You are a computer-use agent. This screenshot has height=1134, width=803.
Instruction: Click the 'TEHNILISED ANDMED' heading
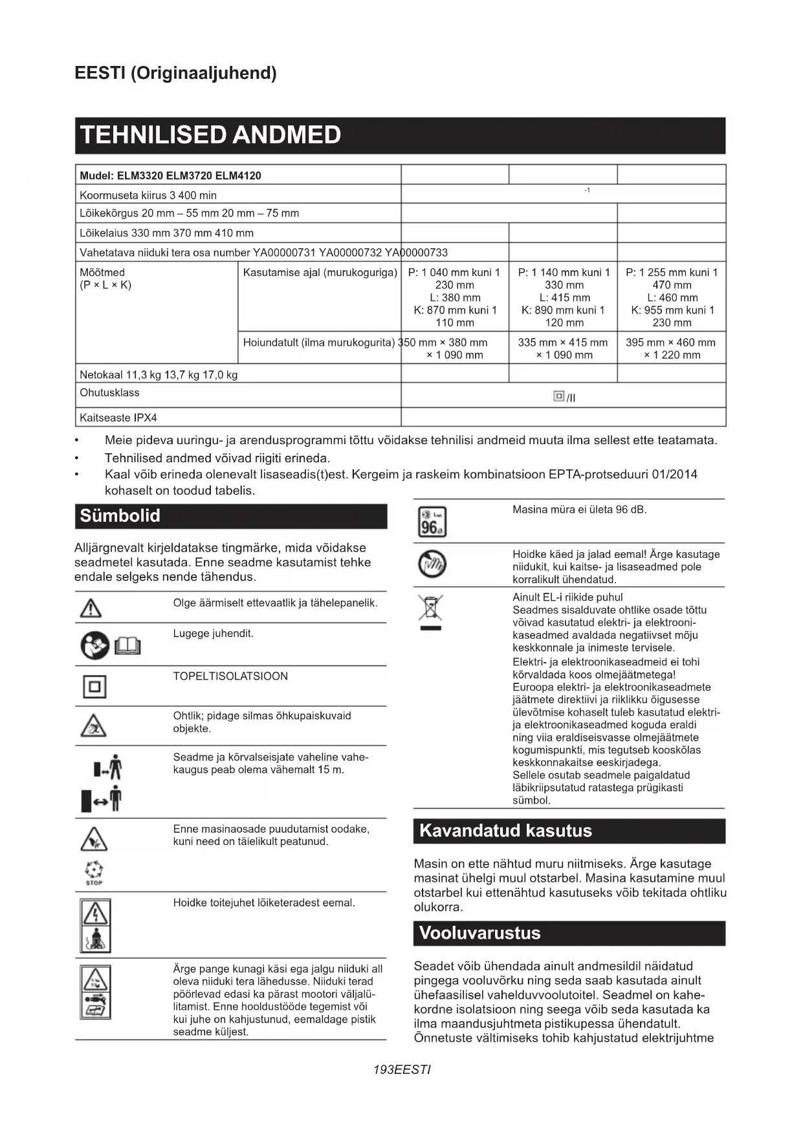point(210,135)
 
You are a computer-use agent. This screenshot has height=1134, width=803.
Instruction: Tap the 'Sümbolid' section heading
point(120,516)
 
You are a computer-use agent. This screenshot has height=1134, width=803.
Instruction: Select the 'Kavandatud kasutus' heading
point(505,831)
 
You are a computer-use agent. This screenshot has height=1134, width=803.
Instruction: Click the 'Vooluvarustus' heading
point(479,933)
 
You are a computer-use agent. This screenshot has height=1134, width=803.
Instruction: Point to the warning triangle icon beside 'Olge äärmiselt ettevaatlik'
point(91,608)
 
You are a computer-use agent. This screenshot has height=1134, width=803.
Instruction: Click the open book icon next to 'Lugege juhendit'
point(127,645)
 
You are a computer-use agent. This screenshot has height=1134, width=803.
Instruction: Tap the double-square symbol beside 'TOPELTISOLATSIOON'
point(94,686)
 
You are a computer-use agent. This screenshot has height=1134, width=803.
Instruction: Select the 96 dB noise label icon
point(432,522)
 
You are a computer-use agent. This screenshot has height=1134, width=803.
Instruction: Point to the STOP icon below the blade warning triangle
point(94,873)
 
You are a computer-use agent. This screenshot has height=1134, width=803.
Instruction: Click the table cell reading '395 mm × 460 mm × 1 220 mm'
point(671,348)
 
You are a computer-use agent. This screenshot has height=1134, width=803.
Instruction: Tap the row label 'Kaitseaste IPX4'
point(118,418)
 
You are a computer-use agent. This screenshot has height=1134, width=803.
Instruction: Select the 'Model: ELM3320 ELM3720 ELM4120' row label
point(170,175)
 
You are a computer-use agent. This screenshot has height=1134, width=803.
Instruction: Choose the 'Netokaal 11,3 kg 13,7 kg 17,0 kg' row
point(159,374)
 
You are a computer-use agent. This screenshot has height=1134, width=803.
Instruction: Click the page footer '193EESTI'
point(402,1069)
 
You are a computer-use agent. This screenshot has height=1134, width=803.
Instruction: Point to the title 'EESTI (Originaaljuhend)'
point(175,73)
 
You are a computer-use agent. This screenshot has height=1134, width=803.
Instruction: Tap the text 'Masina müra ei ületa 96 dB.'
point(579,509)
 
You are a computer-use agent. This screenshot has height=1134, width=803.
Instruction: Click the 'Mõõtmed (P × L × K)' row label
point(105,279)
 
